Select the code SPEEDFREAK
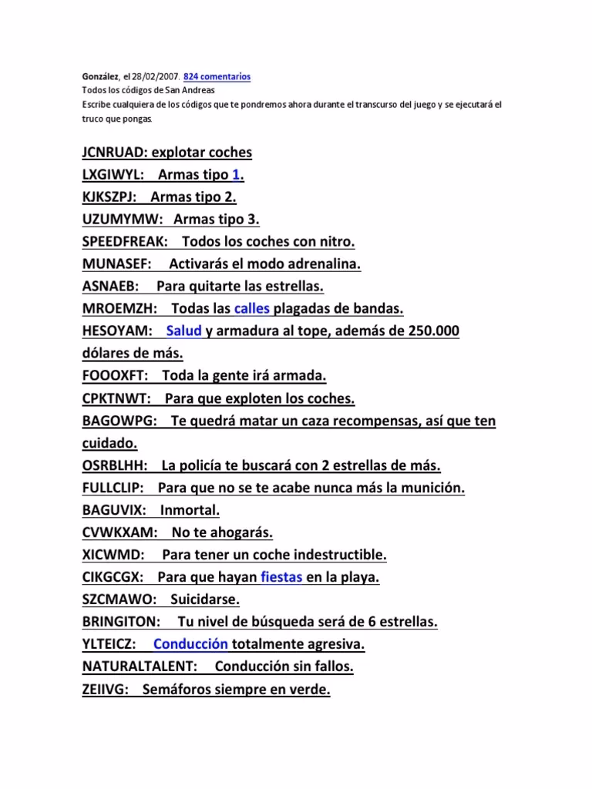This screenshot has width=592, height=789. (x=126, y=242)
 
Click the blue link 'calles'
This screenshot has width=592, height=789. (x=251, y=309)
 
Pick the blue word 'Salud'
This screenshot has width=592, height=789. (x=183, y=331)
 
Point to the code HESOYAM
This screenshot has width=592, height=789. (x=118, y=331)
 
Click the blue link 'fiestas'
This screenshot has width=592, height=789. (x=281, y=577)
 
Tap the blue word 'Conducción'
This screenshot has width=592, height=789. (x=190, y=644)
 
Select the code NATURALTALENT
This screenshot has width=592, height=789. (x=140, y=666)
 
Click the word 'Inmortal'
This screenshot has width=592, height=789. (x=190, y=510)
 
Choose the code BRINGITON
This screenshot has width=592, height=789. (x=121, y=622)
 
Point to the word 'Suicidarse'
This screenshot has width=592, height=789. (x=205, y=599)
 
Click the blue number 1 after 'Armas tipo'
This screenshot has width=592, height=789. (x=236, y=175)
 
